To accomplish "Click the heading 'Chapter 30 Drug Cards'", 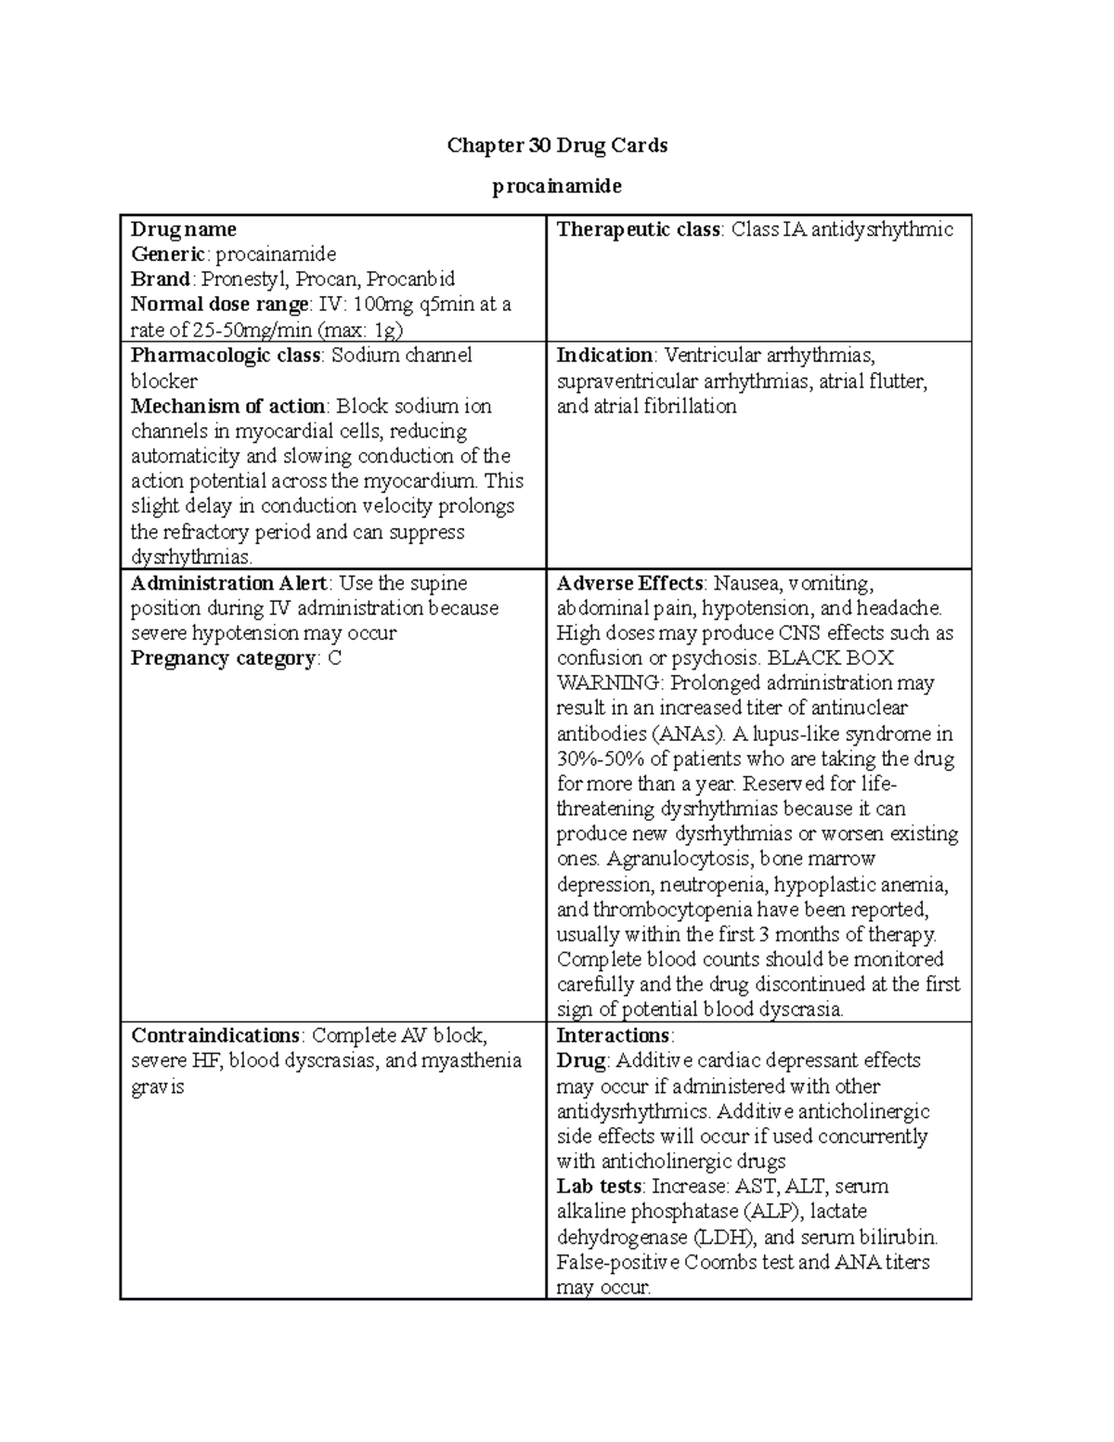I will (x=557, y=146).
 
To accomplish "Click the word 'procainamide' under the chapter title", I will (x=557, y=187).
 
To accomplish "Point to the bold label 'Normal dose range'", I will (x=220, y=305).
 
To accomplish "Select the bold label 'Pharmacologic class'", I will (x=226, y=356).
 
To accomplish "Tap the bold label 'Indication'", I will (x=604, y=356).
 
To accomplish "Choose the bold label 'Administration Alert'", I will (x=228, y=584).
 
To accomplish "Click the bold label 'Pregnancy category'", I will (x=224, y=659).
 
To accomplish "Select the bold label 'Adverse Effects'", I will (x=629, y=584).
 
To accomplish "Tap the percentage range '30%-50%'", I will (x=595, y=760).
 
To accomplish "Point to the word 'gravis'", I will (x=158, y=1087).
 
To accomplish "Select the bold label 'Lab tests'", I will (x=599, y=1187).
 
